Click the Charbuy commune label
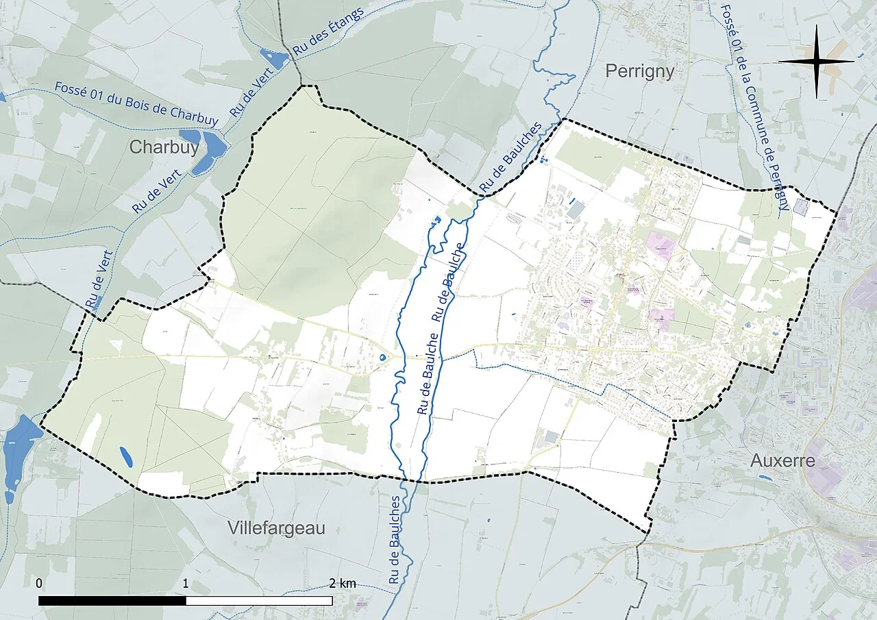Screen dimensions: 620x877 click(164, 147)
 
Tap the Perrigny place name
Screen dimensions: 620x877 click(640, 71)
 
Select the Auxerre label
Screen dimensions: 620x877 click(782, 460)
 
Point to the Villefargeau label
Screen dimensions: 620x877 click(275, 528)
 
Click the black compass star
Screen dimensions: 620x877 click(816, 61)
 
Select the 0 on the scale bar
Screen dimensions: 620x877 click(39, 583)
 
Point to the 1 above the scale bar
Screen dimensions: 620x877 click(186, 583)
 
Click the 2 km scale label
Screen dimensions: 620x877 click(343, 583)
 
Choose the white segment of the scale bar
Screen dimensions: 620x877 click(259, 601)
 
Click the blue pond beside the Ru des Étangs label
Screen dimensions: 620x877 click(275, 58)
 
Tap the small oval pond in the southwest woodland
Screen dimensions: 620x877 click(126, 456)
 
